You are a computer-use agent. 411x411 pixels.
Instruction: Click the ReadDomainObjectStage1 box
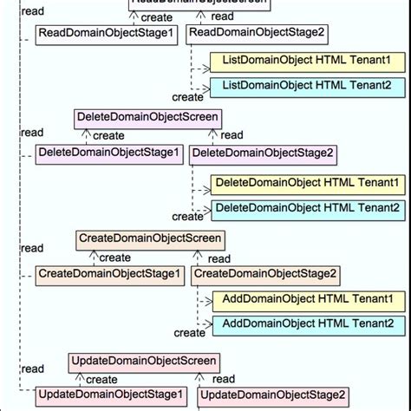[108, 35]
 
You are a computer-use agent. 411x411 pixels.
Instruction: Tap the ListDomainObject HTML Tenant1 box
[307, 62]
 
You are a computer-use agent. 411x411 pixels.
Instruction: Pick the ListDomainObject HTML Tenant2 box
[307, 87]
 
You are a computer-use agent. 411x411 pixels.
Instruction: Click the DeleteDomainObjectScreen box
[147, 117]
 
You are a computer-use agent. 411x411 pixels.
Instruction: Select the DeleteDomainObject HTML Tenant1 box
[307, 184]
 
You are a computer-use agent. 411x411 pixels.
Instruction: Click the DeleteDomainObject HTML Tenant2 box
[307, 208]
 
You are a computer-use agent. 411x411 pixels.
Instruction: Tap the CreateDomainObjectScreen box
[150, 238]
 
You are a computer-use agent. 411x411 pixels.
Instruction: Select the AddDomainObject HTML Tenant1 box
[309, 301]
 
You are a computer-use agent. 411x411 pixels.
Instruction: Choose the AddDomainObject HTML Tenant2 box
[309, 325]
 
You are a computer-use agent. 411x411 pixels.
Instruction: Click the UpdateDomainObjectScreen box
[144, 361]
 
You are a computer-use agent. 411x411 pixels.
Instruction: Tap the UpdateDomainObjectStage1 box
[110, 396]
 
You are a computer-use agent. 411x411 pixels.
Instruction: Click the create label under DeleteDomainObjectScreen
[108, 136]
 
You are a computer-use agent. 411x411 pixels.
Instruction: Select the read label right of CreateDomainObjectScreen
[219, 259]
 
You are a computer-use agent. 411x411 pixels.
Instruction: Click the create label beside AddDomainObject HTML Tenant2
[189, 333]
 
